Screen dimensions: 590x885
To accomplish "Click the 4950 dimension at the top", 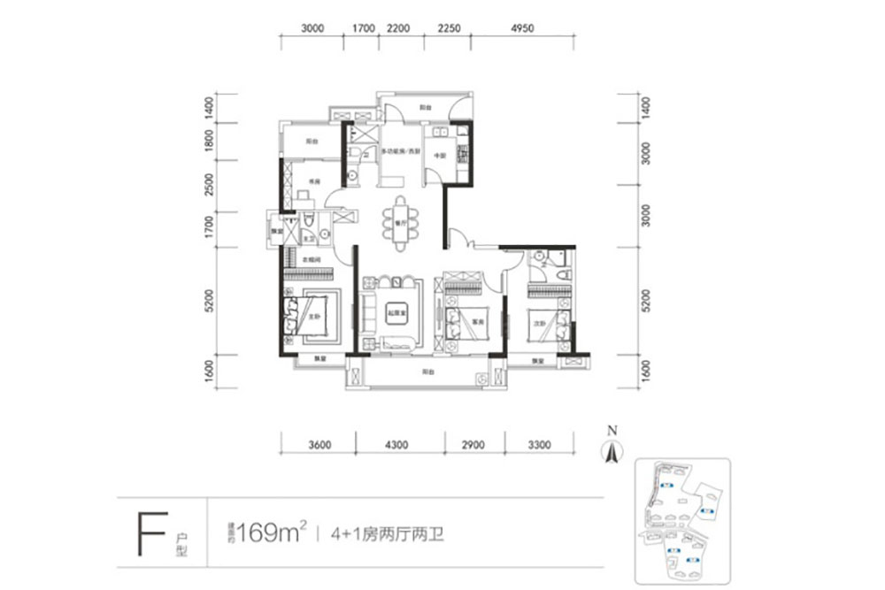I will tap(523, 28).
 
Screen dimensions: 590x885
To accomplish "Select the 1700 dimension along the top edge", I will tap(363, 28).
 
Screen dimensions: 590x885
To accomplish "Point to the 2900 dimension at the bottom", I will tap(473, 445).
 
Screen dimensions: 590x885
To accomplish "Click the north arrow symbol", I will tap(610, 448).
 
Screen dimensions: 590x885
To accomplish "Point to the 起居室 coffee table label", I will tap(395, 311).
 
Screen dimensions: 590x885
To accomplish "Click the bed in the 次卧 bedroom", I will tap(545, 324).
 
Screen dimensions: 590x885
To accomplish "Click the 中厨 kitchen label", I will tap(439, 157).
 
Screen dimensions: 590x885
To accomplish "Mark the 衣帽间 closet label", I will tap(310, 259).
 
